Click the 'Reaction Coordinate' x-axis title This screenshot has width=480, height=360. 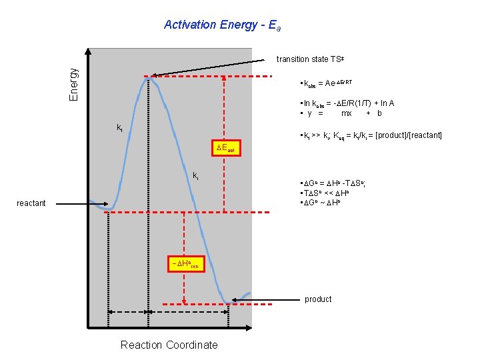tap(169, 345)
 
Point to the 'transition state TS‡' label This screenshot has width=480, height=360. tap(310, 59)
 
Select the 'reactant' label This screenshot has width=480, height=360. tap(31, 203)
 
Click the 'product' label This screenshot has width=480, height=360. tap(317, 299)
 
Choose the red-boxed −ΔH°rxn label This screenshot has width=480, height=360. tap(185, 264)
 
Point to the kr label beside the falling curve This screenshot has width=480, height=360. tap(195, 176)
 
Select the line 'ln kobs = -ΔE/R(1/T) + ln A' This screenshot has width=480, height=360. tap(348, 103)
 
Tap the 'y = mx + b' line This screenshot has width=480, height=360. tap(341, 113)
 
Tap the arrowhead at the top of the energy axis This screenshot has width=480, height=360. tap(88, 51)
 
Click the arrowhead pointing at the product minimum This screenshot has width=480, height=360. tap(235, 299)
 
